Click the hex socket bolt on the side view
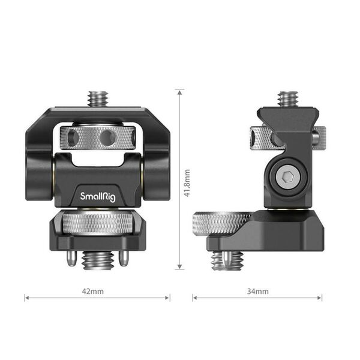(286, 175)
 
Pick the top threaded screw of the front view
(97, 98)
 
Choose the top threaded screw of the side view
(288, 98)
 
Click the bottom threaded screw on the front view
(97, 259)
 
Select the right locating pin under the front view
(123, 258)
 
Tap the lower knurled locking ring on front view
(97, 224)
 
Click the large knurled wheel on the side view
(220, 224)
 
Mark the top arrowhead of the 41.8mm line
(179, 91)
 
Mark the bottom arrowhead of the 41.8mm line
(179, 268)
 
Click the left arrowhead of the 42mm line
(26, 298)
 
